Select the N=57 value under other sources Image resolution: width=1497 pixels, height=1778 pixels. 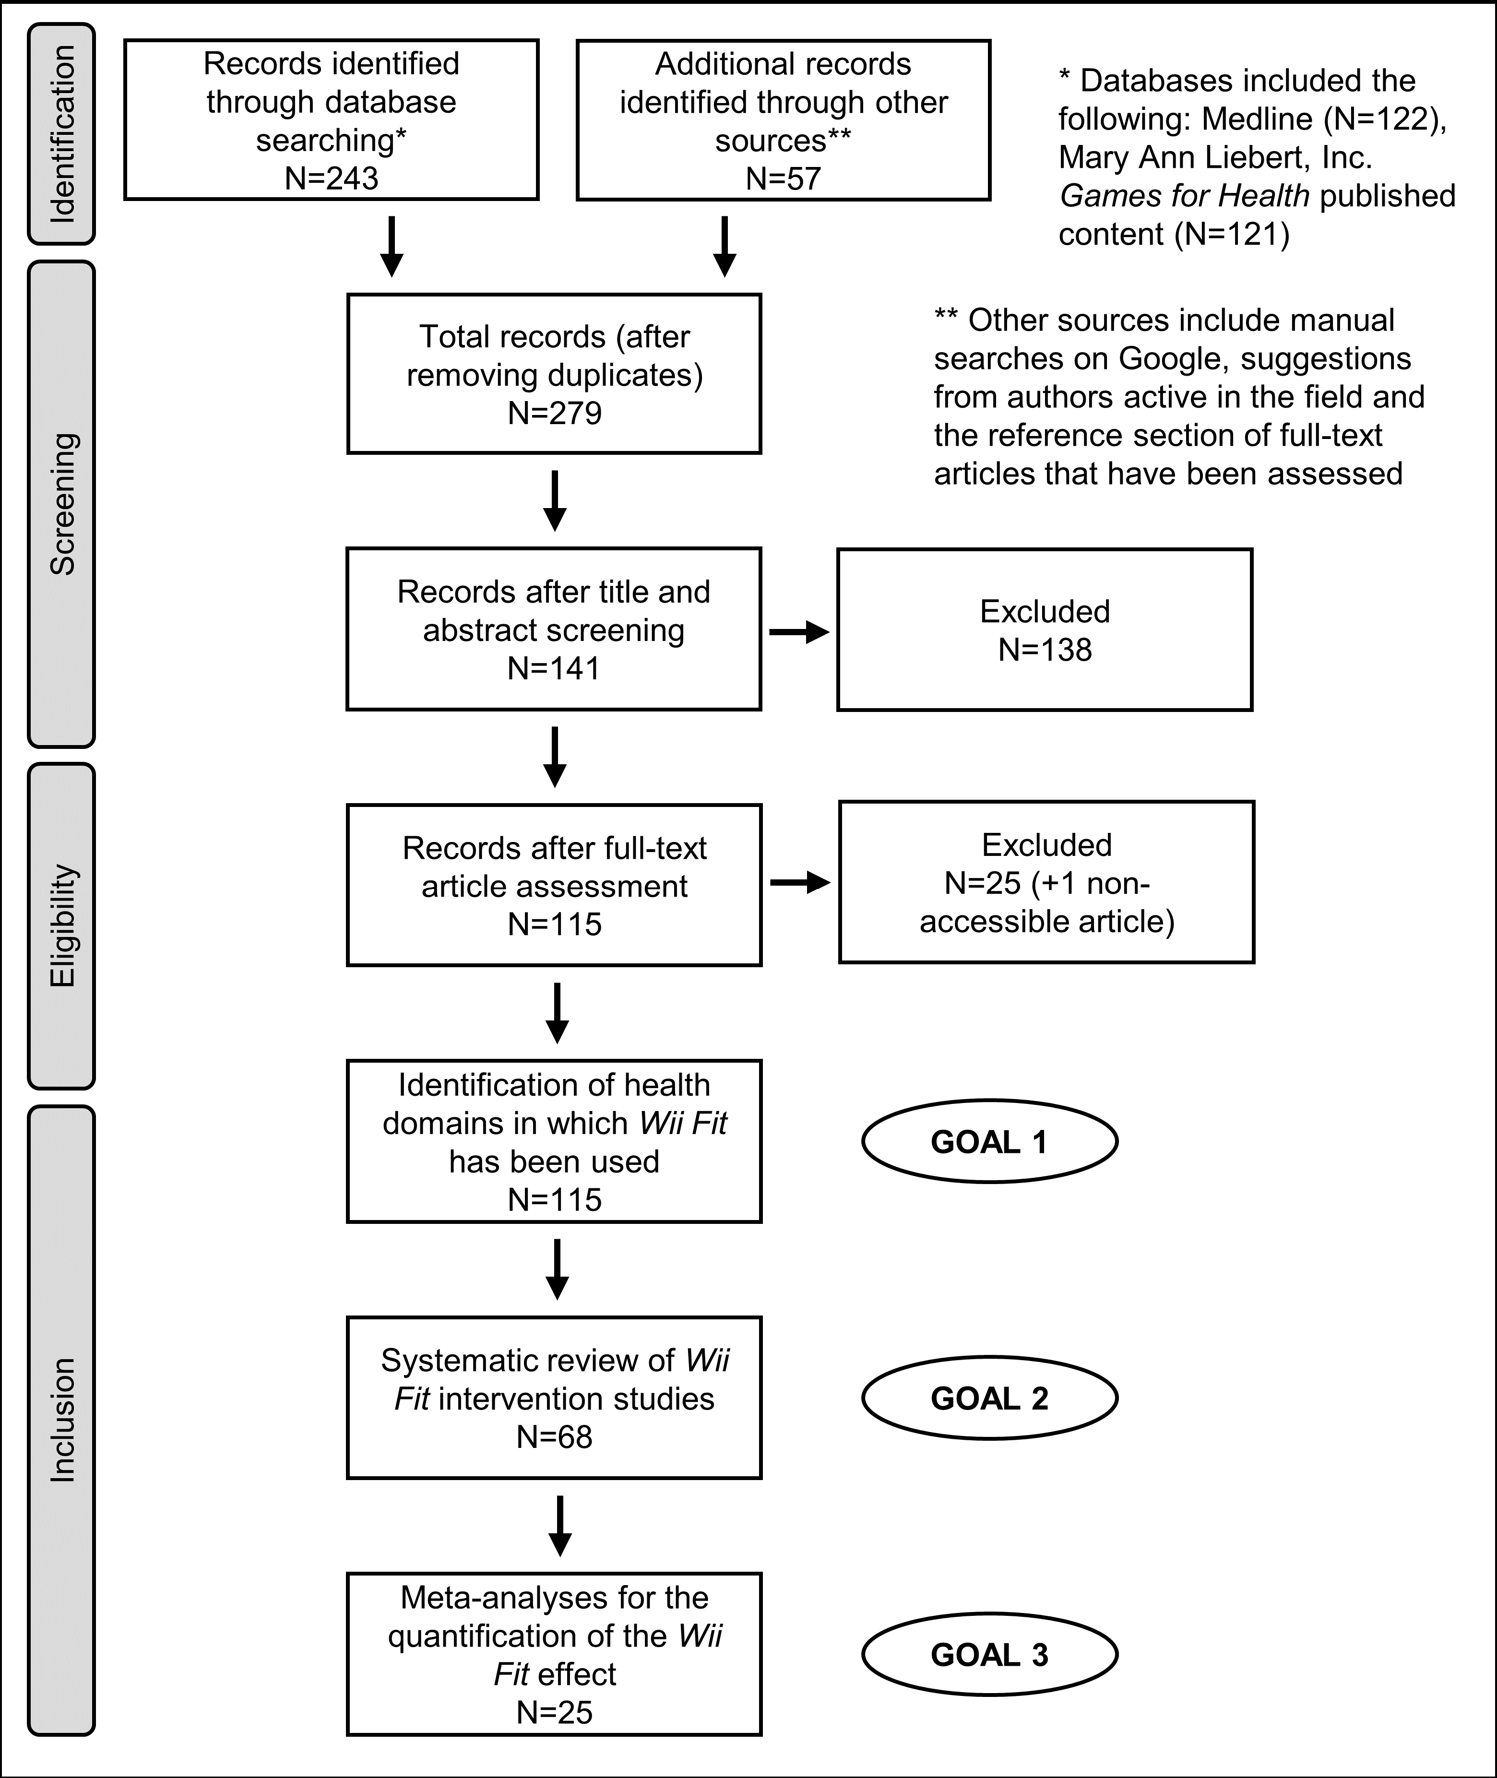[x=784, y=178]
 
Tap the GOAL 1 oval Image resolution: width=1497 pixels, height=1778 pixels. [x=989, y=1141]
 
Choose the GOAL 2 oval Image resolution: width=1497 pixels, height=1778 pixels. [x=989, y=1398]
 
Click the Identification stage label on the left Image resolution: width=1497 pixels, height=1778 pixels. [x=62, y=134]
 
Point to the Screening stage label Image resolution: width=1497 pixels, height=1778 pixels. [x=62, y=504]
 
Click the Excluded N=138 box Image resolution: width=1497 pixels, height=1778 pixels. [x=1045, y=630]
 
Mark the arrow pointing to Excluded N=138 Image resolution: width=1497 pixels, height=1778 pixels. [x=798, y=631]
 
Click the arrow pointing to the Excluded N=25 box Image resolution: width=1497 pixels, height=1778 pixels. [x=799, y=883]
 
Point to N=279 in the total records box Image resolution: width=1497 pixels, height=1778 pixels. [x=554, y=413]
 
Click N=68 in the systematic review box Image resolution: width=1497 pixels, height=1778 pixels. [x=554, y=1437]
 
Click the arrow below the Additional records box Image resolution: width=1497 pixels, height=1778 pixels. [x=724, y=246]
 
